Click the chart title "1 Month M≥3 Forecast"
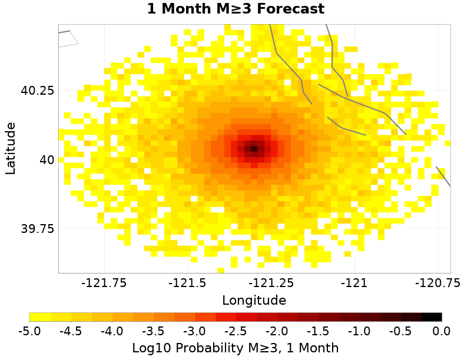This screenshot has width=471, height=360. pyautogui.click(x=235, y=9)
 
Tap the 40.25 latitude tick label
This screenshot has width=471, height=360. pyautogui.click(x=38, y=91)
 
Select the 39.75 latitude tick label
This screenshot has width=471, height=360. pyautogui.click(x=38, y=228)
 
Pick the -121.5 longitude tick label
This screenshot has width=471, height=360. pyautogui.click(x=190, y=283)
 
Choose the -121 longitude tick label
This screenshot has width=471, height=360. pyautogui.click(x=356, y=283)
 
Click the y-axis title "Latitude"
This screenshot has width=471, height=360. pyautogui.click(x=11, y=148)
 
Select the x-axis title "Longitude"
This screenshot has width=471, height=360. pyautogui.click(x=254, y=300)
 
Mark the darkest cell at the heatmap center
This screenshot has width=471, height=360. pyautogui.click(x=254, y=149)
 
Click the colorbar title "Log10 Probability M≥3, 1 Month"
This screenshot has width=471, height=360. pyautogui.click(x=235, y=348)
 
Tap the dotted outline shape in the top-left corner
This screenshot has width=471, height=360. pyautogui.click(x=68, y=38)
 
